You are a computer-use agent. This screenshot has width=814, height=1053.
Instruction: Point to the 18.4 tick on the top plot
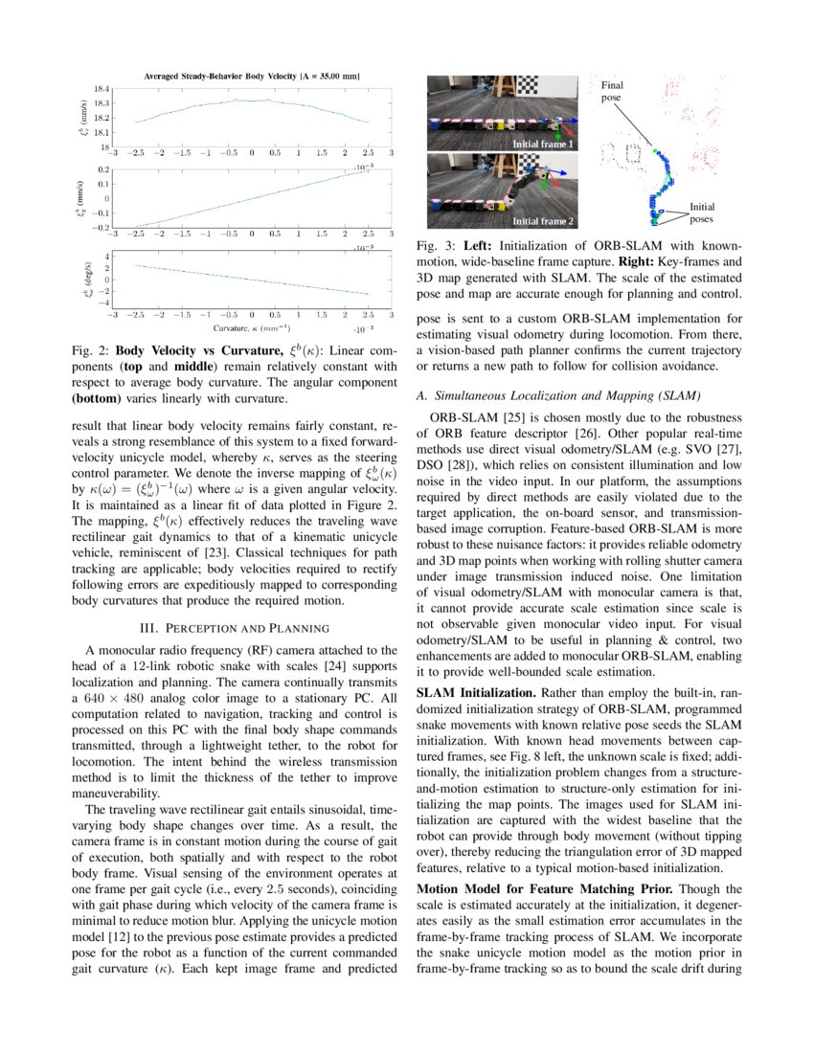[101, 88]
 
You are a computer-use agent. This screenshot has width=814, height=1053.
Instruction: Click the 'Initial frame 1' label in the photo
[543, 144]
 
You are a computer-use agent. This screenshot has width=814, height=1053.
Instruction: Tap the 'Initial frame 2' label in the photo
[543, 221]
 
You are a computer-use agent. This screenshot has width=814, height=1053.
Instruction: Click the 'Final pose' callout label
[611, 92]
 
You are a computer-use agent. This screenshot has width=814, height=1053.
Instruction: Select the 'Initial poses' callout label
[701, 212]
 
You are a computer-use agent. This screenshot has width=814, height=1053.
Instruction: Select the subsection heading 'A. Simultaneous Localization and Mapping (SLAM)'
[559, 395]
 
